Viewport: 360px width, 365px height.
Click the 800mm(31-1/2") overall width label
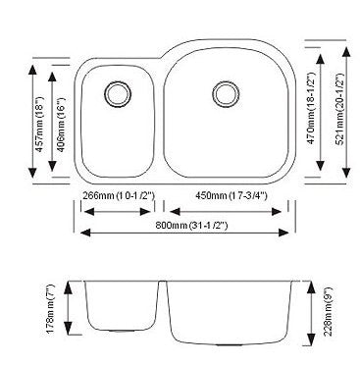pos(186,227)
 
